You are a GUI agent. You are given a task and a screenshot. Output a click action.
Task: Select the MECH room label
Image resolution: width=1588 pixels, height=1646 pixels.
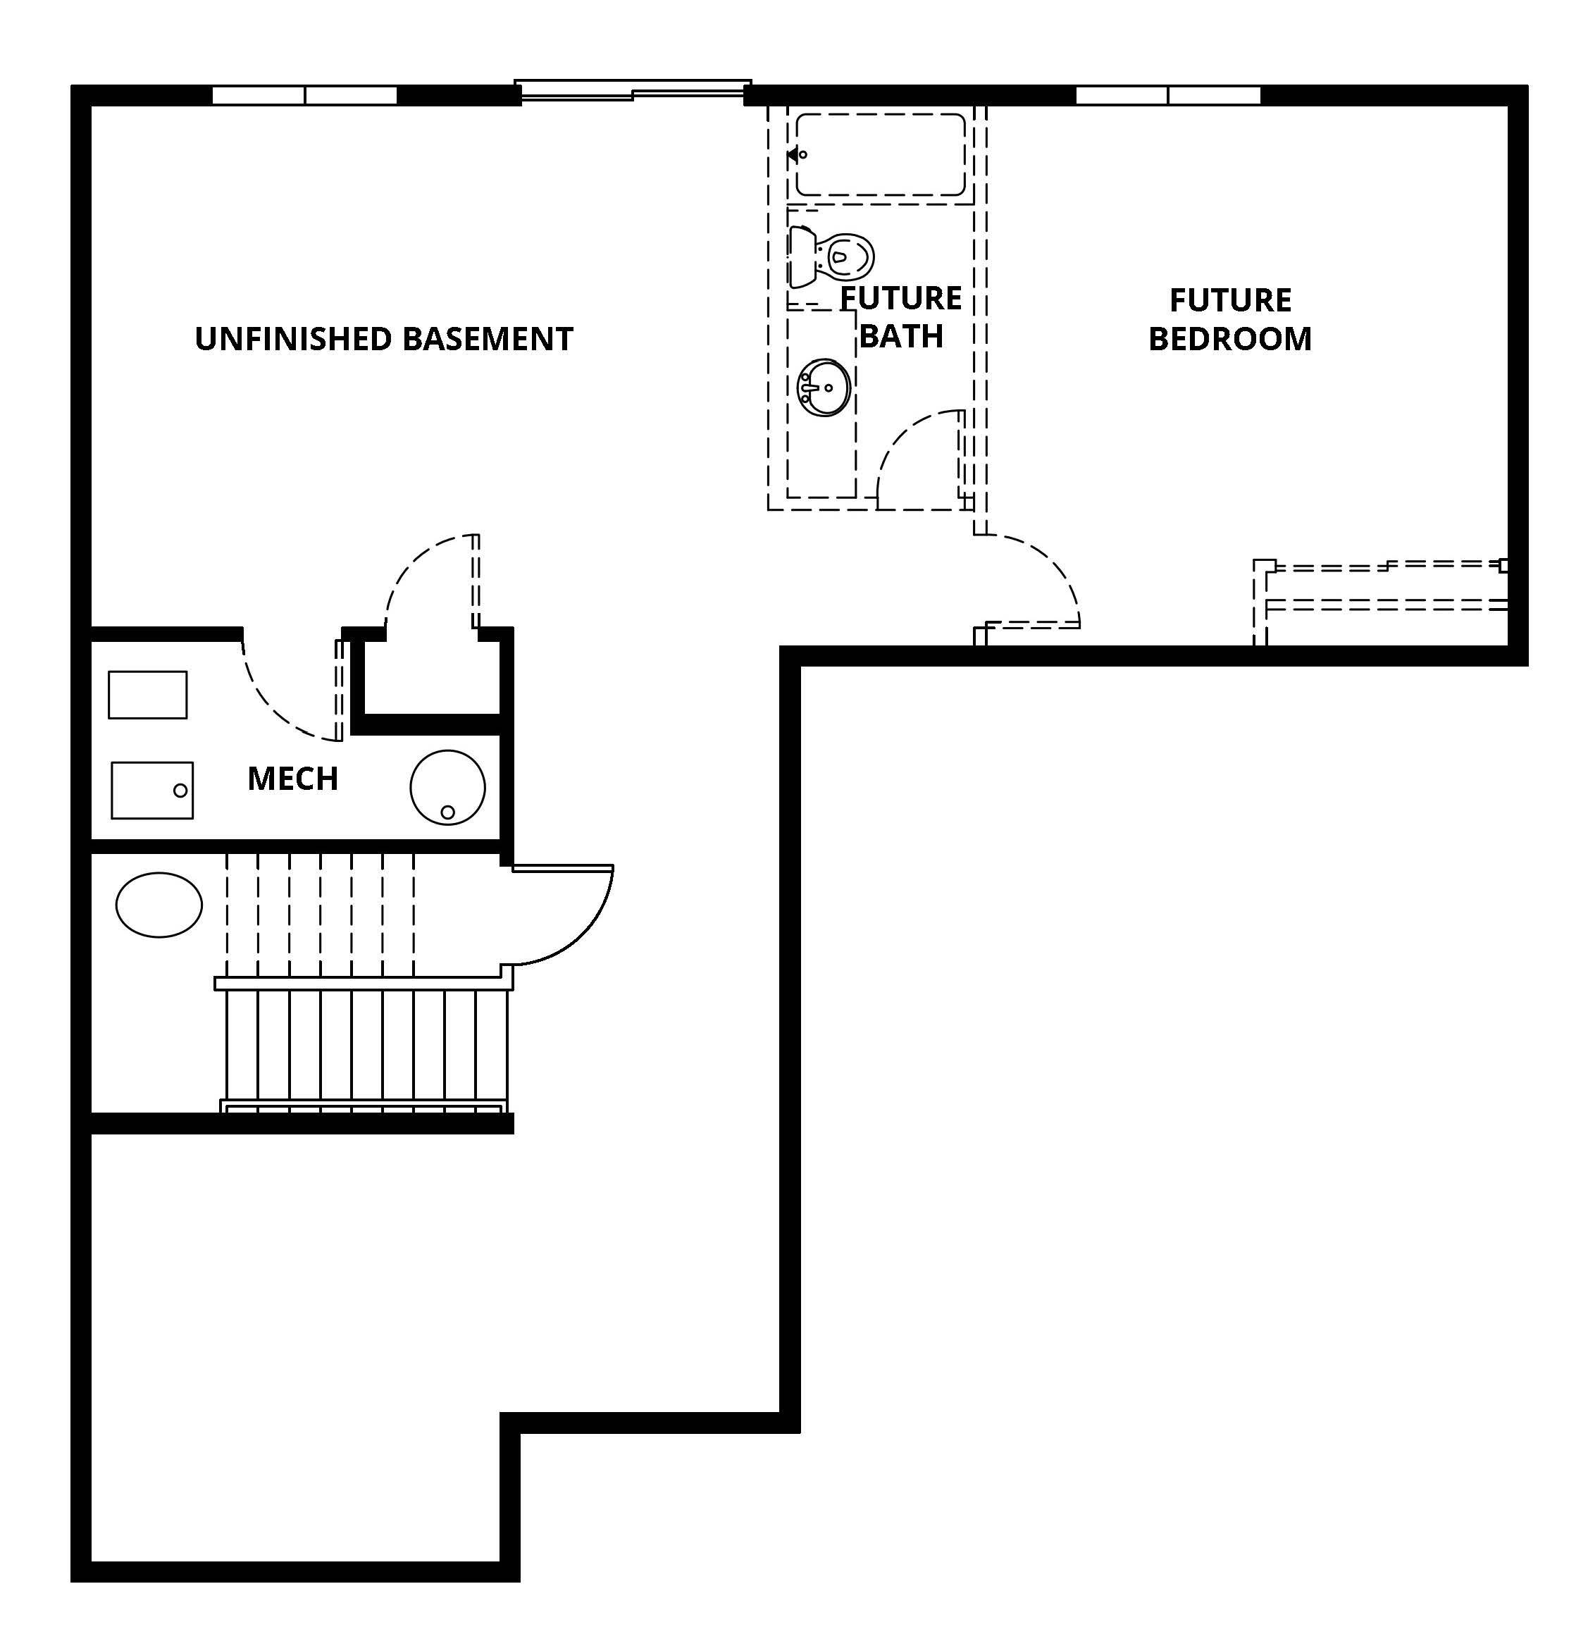293,779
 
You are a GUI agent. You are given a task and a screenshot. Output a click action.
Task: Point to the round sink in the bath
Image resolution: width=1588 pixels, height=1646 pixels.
824,387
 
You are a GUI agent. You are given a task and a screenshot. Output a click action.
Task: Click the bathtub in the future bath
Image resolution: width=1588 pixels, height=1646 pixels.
880,154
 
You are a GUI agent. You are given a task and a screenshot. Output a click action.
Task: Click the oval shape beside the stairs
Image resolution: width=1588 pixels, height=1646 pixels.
159,905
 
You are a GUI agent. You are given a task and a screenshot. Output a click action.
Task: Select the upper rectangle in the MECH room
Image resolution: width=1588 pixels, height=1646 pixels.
148,695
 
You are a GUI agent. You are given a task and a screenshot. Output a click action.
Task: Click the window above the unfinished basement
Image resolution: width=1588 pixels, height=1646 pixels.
304,95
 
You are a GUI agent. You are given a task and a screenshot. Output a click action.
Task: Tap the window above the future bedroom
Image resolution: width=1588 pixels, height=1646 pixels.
1168,95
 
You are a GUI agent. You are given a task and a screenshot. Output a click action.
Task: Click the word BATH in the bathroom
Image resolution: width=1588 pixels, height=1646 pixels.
901,336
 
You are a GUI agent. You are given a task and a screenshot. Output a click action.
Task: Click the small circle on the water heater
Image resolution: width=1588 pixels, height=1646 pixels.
447,812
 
